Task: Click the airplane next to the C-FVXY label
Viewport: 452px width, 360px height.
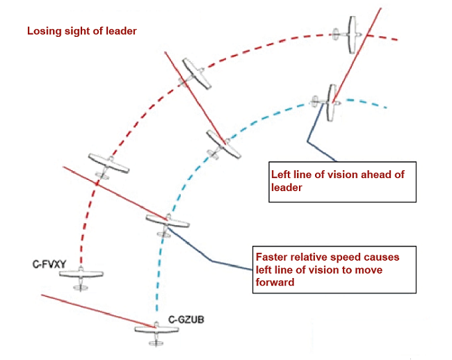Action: pyautogui.click(x=81, y=275)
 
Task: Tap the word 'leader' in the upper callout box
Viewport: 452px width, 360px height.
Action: pyautogui.click(x=285, y=186)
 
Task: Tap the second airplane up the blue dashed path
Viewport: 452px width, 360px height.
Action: pyautogui.click(x=168, y=222)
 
